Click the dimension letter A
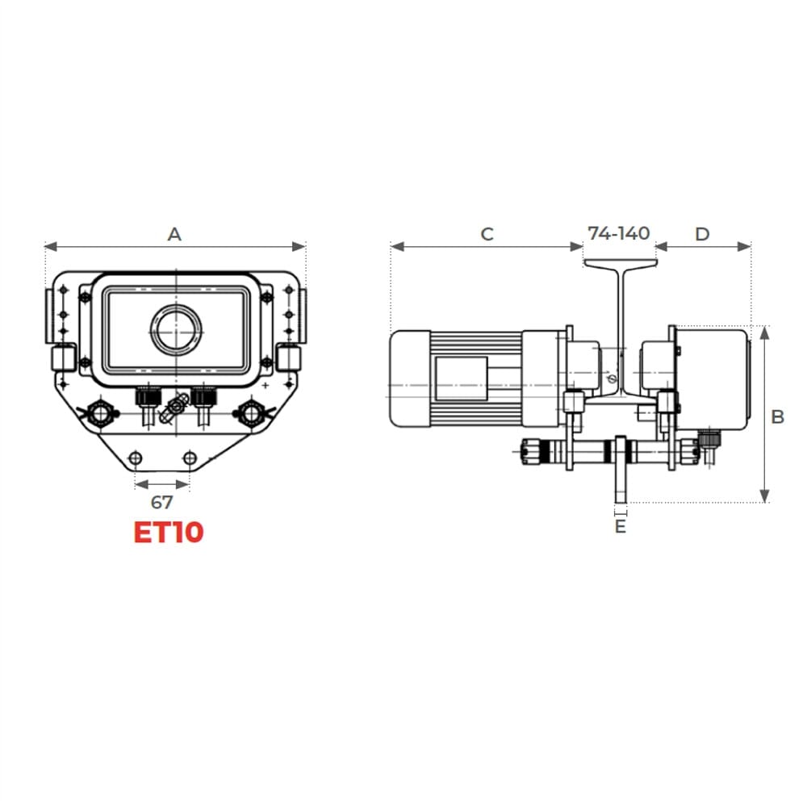pos(174,234)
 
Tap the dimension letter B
pos(778,416)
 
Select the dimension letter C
pos(487,234)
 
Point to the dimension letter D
pos(703,234)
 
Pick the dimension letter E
pos(621,526)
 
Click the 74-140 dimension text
pos(619,233)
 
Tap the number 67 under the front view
pos(162,502)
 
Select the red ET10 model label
pos(169,532)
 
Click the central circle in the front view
pos(176,330)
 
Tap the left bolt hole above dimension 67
pos(136,458)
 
